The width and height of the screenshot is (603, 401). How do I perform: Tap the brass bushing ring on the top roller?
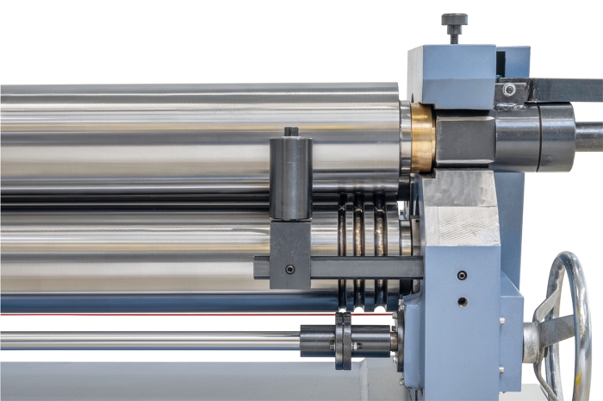[x=422, y=137]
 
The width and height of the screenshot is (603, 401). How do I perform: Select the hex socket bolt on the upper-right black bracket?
[x=510, y=90]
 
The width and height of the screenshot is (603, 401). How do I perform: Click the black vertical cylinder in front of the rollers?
[x=290, y=177]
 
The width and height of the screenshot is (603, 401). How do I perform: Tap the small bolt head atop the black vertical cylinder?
[x=291, y=132]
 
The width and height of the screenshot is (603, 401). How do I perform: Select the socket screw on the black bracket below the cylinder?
[x=289, y=269]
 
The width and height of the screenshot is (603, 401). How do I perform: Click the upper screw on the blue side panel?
[x=463, y=275]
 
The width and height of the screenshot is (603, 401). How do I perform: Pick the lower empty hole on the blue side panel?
[x=463, y=302]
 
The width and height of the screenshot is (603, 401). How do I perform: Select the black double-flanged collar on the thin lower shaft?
[x=344, y=340]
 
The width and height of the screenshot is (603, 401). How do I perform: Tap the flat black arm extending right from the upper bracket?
[x=564, y=90]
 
